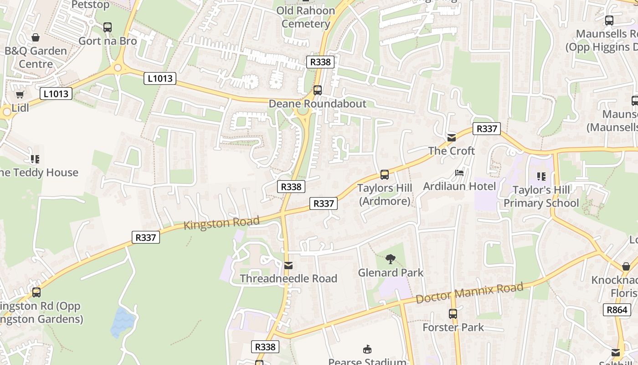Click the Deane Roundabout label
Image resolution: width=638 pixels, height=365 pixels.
pos(317,104)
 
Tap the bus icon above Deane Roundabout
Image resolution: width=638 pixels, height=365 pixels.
pos(318,90)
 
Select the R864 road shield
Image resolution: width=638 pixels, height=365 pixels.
pos(617,310)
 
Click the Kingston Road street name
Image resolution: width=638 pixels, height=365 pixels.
pos(221,223)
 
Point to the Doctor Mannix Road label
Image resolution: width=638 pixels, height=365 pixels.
pos(469,293)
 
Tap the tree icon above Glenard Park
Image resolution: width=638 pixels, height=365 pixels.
pos(390,259)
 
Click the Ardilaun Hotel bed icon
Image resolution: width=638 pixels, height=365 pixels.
pos(459,173)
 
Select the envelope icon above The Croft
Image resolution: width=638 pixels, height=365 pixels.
pos(451,137)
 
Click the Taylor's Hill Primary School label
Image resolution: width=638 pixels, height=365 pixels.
pos(541,197)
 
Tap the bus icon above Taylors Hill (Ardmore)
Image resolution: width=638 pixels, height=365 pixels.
pos(385,174)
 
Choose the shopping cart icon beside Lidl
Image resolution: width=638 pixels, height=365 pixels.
pos(20,95)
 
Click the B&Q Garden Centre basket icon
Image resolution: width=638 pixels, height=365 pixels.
pos(36,37)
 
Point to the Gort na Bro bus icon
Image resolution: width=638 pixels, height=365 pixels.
pos(108,27)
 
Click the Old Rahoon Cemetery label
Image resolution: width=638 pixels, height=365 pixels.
pos(305,17)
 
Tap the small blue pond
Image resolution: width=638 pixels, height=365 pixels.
pos(122,321)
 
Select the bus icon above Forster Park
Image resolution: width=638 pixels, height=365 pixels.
pos(453,314)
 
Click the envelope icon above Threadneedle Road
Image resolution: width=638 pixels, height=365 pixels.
pos(288,266)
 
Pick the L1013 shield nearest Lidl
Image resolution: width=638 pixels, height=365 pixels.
pos(56,94)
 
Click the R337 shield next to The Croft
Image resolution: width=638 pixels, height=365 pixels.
pos(486,129)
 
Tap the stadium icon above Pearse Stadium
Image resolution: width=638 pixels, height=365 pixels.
pos(367,350)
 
